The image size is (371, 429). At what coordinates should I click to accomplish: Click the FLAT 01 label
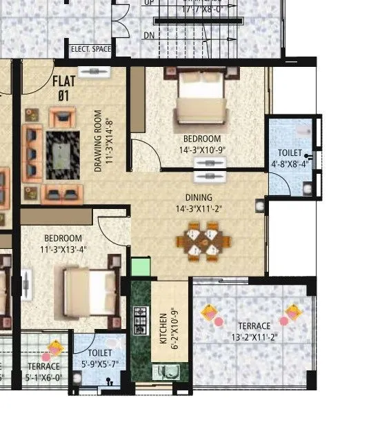(64, 87)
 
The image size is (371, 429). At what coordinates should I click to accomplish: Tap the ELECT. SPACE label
(90, 50)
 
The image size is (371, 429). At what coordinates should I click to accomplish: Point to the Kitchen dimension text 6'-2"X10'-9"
(164, 326)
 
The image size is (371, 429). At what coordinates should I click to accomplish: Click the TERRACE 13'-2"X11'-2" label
(254, 332)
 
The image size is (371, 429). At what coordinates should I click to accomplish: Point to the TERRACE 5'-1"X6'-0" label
(43, 371)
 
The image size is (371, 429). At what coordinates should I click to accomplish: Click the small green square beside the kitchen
(140, 267)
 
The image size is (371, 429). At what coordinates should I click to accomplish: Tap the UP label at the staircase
(148, 3)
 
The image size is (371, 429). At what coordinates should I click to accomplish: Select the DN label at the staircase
(148, 34)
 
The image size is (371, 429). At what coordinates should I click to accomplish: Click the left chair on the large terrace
(210, 312)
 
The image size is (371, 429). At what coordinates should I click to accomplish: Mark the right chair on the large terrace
(294, 312)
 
